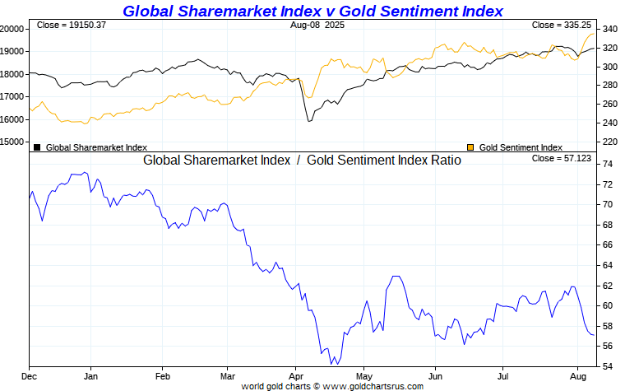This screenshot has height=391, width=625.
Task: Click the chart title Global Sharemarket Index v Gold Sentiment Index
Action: (312, 11)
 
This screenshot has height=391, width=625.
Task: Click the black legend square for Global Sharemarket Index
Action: (37, 147)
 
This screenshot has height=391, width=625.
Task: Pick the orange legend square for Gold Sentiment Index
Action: (470, 147)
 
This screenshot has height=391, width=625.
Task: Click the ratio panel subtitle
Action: (302, 161)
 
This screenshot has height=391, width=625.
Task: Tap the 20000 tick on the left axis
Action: (12, 29)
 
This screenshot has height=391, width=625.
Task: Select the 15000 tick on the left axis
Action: (12, 142)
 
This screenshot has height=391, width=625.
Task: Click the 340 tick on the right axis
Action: (609, 29)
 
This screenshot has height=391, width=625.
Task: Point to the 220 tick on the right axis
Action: (609, 142)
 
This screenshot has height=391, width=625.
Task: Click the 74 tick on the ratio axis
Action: (605, 165)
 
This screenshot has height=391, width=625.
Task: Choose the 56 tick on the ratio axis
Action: (605, 346)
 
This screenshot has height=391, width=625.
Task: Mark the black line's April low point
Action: (308, 122)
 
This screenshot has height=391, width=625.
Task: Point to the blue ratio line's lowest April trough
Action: (331, 364)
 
